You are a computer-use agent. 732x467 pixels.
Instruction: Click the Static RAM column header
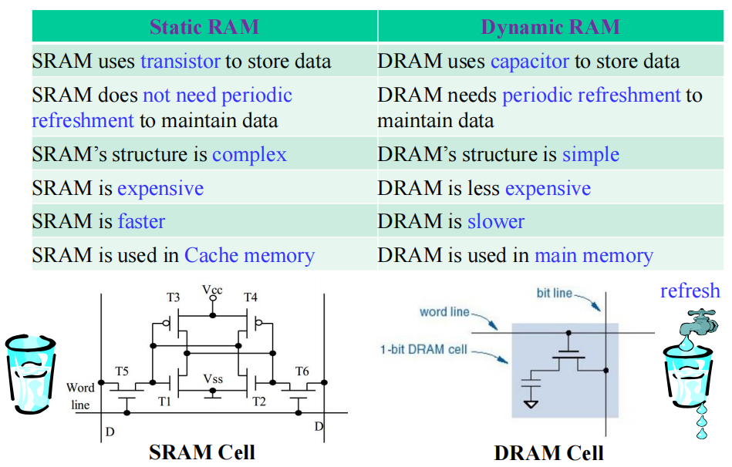click(x=204, y=27)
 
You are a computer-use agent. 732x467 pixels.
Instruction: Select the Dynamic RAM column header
click(x=550, y=27)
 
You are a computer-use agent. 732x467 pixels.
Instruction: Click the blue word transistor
click(x=180, y=62)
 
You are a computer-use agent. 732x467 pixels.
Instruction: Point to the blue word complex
click(x=249, y=154)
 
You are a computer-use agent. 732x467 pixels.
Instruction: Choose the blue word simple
click(x=590, y=154)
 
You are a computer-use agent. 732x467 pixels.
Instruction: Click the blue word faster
click(x=141, y=222)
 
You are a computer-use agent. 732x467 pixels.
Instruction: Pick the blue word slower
click(x=495, y=222)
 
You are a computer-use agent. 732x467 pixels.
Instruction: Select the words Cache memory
click(x=249, y=256)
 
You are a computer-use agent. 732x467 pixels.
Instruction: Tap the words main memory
click(x=593, y=256)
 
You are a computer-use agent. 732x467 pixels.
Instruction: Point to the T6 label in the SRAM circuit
click(x=302, y=372)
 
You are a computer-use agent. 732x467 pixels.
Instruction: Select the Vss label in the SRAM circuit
click(x=213, y=379)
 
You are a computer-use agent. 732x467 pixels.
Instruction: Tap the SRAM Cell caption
click(x=202, y=452)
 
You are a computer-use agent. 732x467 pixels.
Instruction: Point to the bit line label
click(x=555, y=293)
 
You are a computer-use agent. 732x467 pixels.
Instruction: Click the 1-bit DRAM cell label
click(x=423, y=349)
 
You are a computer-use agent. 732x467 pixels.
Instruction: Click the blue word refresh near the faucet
click(x=690, y=291)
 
